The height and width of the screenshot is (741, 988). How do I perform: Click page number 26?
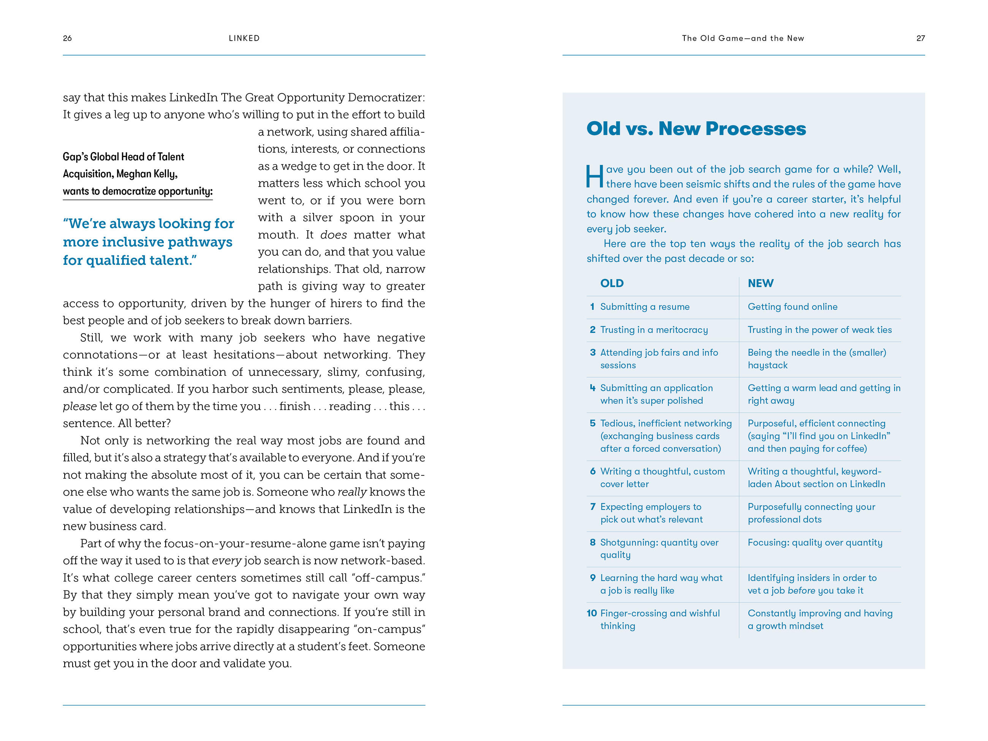pos(67,38)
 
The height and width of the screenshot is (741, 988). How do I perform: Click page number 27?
pos(920,38)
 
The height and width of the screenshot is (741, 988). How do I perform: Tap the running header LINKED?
pos(244,38)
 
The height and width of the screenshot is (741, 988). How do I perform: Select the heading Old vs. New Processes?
pos(696,129)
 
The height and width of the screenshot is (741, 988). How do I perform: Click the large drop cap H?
pos(594,176)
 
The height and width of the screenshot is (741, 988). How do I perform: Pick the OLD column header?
pos(611,283)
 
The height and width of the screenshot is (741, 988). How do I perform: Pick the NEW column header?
pos(761,283)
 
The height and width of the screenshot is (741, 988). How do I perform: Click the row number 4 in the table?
pos(592,388)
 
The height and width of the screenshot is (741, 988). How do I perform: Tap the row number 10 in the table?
pos(591,613)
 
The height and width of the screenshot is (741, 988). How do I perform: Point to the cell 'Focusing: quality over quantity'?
pos(815,543)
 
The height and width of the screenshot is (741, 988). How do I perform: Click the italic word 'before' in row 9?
pos(801,591)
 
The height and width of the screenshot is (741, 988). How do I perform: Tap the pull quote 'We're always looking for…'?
pos(148,242)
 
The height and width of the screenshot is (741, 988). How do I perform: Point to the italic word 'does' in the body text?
pos(333,235)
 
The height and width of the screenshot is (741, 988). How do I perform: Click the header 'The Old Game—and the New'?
pos(743,38)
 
